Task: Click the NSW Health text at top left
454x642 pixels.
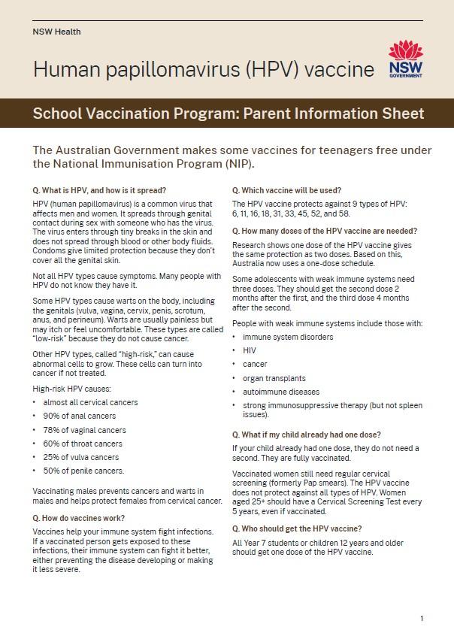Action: pos(57,32)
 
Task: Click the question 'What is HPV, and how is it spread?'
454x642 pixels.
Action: pos(100,189)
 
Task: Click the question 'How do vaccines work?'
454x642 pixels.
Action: pos(79,518)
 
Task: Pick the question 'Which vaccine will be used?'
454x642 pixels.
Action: pos(287,189)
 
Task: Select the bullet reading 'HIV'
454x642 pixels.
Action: pos(249,350)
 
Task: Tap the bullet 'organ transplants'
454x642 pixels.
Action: pos(274,378)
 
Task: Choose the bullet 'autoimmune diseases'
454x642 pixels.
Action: pos(280,392)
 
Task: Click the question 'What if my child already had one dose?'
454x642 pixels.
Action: pos(307,435)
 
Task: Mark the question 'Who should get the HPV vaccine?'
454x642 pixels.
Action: pos(297,528)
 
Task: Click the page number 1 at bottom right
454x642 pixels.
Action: pos(422,619)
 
